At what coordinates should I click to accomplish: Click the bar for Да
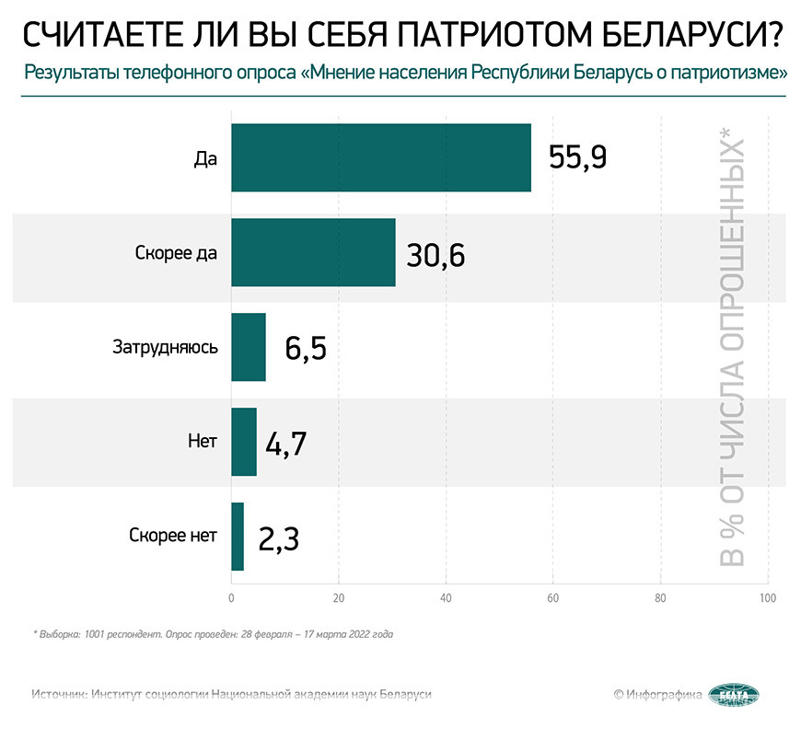point(380,157)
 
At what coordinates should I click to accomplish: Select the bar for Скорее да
point(313,252)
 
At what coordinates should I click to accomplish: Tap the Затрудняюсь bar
point(248,347)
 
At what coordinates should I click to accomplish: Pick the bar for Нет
point(243,442)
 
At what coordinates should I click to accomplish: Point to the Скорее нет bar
point(237,537)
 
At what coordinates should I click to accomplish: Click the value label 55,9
point(577,158)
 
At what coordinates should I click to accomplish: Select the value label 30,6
point(435,253)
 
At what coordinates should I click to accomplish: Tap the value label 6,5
point(306,348)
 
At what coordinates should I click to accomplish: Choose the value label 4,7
point(285,443)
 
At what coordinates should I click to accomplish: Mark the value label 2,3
point(279,538)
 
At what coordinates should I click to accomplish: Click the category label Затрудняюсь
point(165,347)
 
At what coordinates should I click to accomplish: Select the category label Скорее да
point(174,252)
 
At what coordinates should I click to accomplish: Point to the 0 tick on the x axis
point(231,598)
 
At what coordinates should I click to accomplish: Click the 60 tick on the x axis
point(553,598)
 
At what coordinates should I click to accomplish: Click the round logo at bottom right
point(734,695)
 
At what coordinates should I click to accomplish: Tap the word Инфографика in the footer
point(664,695)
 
